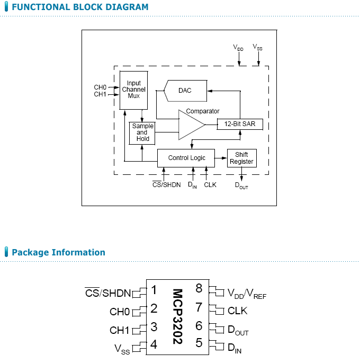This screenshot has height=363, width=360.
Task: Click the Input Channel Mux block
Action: coord(133,90)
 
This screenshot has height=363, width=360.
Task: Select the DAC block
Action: coord(185,91)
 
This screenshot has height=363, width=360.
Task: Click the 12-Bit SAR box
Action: coord(240,123)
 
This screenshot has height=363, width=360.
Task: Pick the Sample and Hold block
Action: coord(142,132)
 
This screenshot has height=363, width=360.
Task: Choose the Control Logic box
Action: coord(186,158)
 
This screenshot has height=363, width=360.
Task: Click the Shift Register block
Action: coord(241,158)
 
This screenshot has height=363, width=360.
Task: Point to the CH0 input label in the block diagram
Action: coord(100,87)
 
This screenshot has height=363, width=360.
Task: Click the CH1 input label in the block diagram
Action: coord(100,94)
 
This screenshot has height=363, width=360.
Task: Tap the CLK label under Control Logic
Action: coord(210,185)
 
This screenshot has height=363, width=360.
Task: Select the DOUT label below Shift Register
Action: coord(241,185)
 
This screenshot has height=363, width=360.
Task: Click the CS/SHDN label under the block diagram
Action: coord(166,185)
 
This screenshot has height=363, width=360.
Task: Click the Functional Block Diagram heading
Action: coord(80,7)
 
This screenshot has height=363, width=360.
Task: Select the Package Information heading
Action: coord(58,252)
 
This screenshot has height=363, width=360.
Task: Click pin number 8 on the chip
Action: coord(199,289)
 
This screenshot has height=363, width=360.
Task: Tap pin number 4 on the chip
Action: coord(154,344)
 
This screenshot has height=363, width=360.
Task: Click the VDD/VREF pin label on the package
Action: coord(247,293)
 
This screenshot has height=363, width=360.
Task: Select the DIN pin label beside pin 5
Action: coord(234,348)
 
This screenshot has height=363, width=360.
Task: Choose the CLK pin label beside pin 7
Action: coord(237,311)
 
